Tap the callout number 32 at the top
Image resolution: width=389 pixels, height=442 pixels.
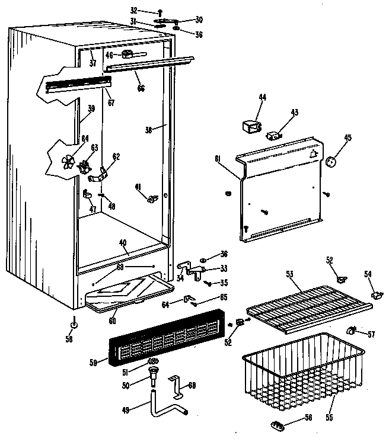coord(133,10)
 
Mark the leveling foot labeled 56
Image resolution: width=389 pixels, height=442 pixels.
coord(74,324)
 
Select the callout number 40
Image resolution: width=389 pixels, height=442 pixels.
coord(122,242)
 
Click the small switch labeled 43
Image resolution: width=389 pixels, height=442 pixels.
coord(274,134)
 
